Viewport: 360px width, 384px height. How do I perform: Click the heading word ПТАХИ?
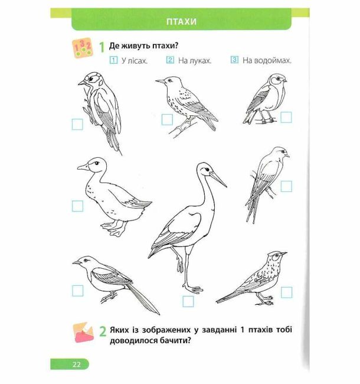click(x=181, y=21)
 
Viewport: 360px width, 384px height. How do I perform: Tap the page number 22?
click(x=76, y=365)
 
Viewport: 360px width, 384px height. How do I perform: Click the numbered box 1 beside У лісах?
click(x=113, y=60)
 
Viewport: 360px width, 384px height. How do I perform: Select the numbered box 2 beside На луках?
click(x=170, y=60)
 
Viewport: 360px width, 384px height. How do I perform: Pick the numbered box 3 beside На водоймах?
click(x=234, y=60)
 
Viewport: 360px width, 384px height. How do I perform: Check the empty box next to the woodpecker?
click(x=77, y=125)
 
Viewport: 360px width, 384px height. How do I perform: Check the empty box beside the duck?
click(x=77, y=206)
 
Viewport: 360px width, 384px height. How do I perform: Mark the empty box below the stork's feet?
click(x=188, y=301)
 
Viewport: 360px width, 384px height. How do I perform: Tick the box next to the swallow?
click(x=286, y=186)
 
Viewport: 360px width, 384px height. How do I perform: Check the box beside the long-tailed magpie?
click(x=77, y=291)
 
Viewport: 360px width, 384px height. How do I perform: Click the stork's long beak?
click(x=218, y=179)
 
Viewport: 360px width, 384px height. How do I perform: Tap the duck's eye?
click(x=96, y=163)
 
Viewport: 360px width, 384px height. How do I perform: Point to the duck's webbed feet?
click(x=114, y=228)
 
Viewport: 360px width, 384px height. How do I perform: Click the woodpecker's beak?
click(x=82, y=83)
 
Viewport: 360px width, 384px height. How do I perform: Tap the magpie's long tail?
click(x=143, y=300)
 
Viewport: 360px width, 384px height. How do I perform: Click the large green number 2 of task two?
click(x=103, y=331)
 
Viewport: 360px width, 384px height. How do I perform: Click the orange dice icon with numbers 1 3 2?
click(x=83, y=48)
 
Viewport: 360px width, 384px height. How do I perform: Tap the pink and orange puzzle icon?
click(x=84, y=332)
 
